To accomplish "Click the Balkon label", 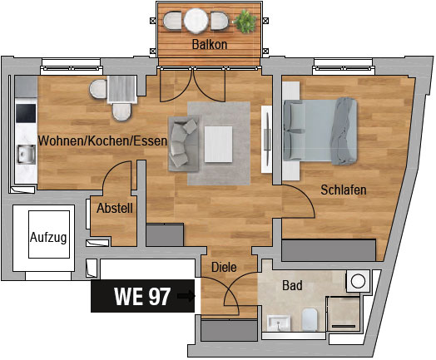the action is click(x=210, y=44).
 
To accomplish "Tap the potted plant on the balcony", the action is click(x=245, y=21).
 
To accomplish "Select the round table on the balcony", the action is click(x=196, y=21).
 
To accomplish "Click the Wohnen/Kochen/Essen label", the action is click(x=102, y=141).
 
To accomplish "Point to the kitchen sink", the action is click(x=26, y=154).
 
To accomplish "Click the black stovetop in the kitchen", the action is click(x=26, y=113).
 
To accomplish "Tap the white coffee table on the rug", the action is click(x=218, y=144).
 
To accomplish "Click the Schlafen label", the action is click(x=344, y=190).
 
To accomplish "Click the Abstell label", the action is click(x=115, y=208).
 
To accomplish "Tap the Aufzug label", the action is click(x=48, y=238).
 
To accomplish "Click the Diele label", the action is click(x=224, y=267).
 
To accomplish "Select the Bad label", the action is click(x=292, y=285).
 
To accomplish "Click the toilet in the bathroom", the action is click(x=310, y=319).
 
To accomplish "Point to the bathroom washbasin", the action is click(x=279, y=323).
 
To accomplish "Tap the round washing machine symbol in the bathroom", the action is click(x=358, y=281).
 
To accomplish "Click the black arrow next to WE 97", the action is click(x=186, y=296).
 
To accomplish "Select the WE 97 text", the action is click(x=142, y=296).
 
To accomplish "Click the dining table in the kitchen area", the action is click(x=121, y=89).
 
